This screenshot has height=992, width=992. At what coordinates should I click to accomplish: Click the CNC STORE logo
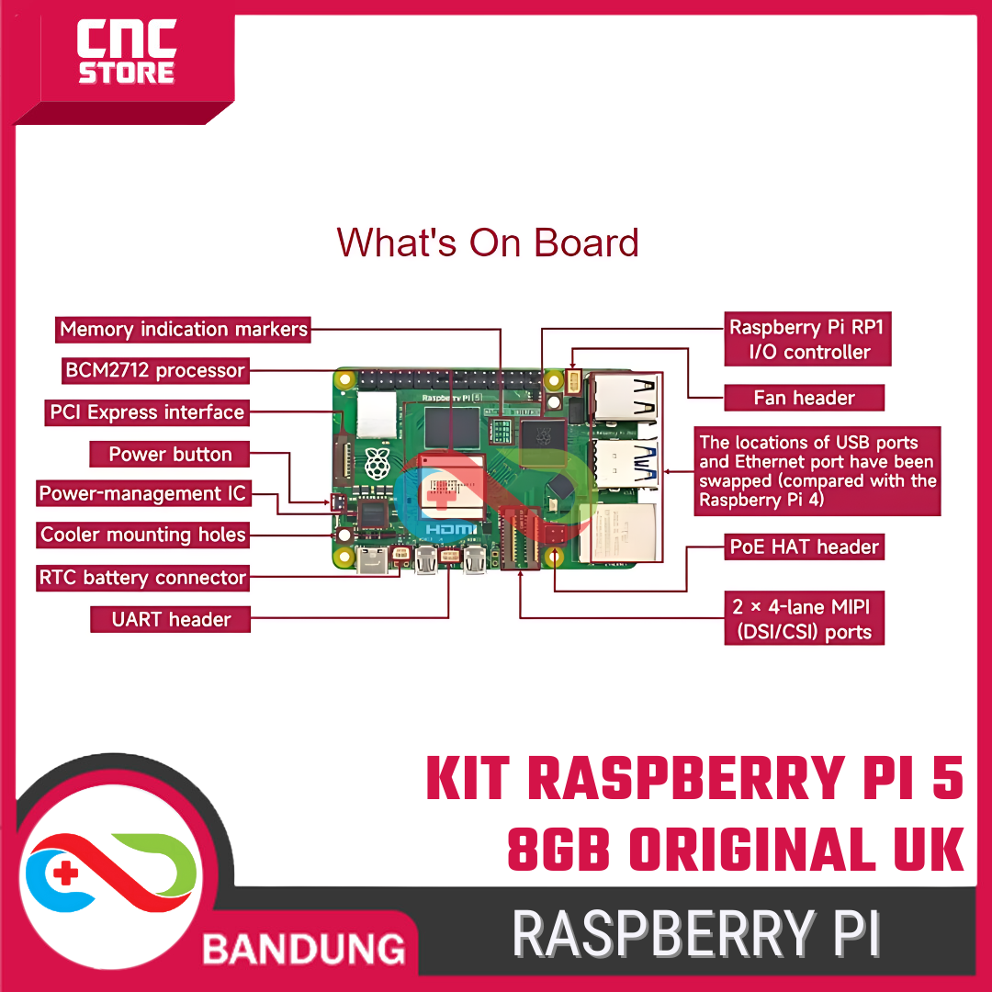click(x=126, y=54)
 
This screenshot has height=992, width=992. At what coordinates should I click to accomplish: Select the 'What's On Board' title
click(x=488, y=242)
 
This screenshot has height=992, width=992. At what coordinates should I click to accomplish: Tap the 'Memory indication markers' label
click(x=184, y=329)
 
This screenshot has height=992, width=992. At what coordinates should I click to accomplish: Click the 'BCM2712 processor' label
click(x=155, y=371)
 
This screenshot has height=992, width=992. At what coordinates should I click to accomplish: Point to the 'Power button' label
click(x=170, y=454)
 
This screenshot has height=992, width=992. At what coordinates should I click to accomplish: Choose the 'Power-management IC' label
click(x=142, y=494)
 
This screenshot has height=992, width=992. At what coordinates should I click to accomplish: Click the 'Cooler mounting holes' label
click(x=143, y=535)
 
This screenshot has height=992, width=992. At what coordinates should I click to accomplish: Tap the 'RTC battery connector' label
click(x=142, y=578)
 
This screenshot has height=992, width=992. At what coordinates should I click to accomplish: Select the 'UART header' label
click(x=171, y=619)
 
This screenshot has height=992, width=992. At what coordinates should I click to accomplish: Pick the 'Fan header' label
click(x=804, y=398)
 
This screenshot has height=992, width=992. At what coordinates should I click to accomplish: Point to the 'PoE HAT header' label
click(x=805, y=547)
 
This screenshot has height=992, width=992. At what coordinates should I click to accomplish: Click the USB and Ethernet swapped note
click(x=817, y=470)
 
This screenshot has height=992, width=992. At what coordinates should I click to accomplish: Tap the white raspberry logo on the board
click(x=377, y=464)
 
